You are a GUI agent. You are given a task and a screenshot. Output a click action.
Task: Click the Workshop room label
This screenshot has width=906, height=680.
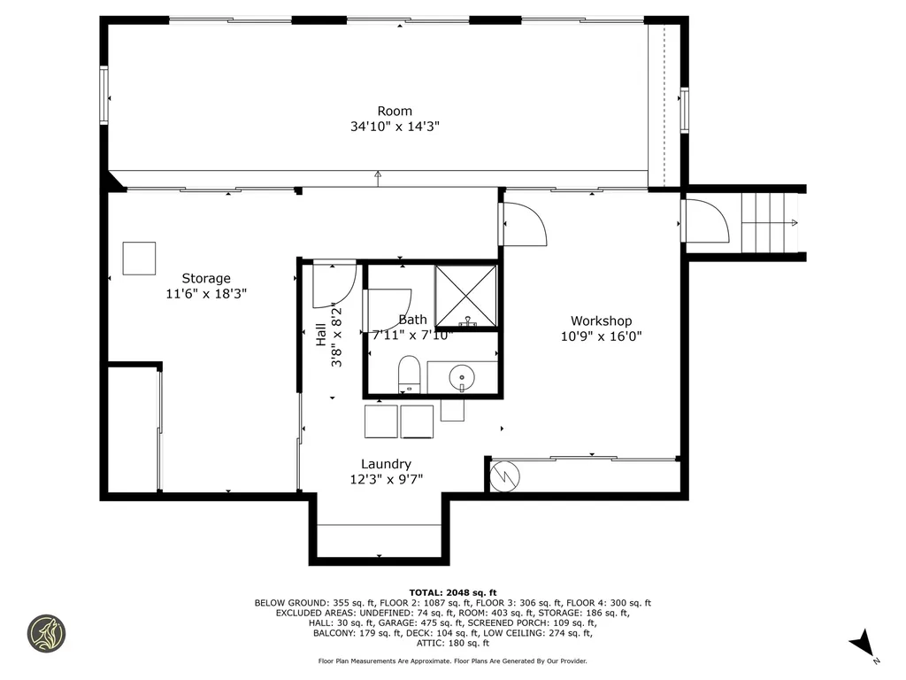[601, 321]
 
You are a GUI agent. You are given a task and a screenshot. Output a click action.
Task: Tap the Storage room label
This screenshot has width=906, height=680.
[206, 278]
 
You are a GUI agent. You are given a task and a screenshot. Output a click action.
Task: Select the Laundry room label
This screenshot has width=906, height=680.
[386, 464]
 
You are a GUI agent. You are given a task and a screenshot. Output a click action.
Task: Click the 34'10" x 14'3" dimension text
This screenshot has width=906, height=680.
[395, 127]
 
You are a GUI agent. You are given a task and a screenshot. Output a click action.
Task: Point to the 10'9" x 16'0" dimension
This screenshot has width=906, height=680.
[601, 336]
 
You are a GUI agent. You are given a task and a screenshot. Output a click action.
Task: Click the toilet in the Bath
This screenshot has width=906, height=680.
[409, 373]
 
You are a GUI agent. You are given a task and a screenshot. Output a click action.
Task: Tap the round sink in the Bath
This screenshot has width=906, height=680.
[462, 378]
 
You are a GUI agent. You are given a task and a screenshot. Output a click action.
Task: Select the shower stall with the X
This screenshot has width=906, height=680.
[466, 296]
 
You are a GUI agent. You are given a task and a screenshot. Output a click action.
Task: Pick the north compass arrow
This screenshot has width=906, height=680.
[862, 645]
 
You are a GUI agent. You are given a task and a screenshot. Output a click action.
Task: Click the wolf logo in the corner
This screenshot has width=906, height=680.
[47, 633]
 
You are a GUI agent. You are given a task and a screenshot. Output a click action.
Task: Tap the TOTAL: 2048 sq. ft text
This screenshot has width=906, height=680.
[452, 592]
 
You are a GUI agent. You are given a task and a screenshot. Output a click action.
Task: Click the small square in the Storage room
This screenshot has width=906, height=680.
[139, 259]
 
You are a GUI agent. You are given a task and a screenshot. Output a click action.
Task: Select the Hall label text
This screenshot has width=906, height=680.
[320, 335]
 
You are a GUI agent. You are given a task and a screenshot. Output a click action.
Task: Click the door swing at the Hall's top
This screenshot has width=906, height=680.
[334, 282]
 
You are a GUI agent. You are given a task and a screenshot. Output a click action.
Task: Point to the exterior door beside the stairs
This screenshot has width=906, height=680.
[703, 221]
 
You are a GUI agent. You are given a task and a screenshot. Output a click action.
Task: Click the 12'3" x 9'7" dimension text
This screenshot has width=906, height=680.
[386, 480]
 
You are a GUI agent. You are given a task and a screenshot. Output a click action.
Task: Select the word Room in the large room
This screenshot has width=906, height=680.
[395, 111]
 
